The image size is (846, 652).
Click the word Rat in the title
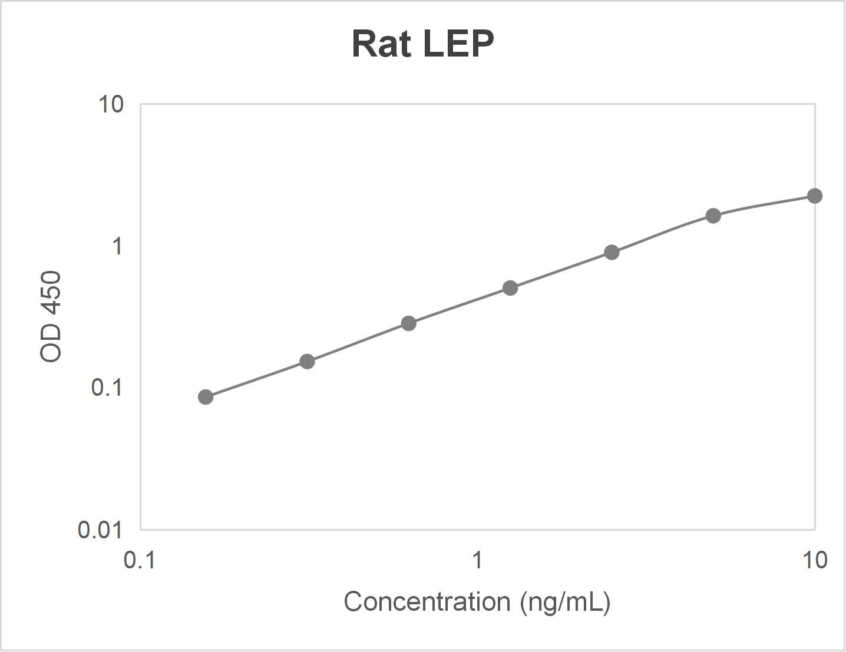coord(381,44)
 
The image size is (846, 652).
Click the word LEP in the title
coord(458,44)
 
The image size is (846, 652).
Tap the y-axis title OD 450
coord(51,316)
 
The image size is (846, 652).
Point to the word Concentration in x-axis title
coord(427,602)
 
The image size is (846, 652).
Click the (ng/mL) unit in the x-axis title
coord(565,602)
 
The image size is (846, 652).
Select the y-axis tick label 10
coord(111,104)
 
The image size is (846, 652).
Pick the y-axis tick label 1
coord(117,246)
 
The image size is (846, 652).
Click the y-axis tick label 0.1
coord(107,388)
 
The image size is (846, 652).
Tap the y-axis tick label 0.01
coord(100,530)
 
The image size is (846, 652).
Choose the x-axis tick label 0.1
coord(140,560)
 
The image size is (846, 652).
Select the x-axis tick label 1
coord(477,560)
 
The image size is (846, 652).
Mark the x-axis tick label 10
coord(815,560)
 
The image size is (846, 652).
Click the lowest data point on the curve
coord(206,397)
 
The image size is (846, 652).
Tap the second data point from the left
coord(307,361)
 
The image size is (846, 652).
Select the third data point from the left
coord(409,323)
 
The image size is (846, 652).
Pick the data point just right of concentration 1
coord(510,288)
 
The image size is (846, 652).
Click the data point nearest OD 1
coord(612,253)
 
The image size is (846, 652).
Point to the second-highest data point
coord(713,216)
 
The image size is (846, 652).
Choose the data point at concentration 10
coord(815,196)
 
